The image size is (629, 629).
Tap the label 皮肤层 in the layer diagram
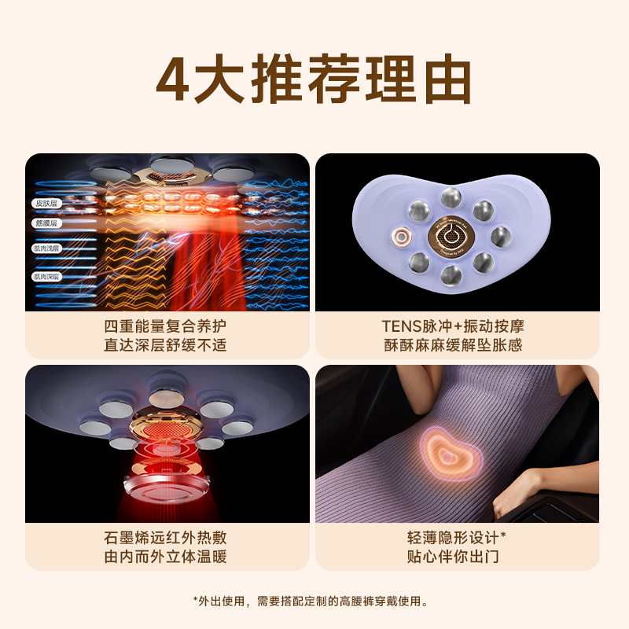[x=46, y=203]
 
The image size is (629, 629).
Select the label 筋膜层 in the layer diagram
[x=46, y=223]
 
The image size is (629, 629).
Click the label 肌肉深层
[x=46, y=276]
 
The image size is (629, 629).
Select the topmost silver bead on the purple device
[x=451, y=196]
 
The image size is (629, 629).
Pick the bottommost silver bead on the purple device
[x=451, y=274]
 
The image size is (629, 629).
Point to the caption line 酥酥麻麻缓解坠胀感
[x=458, y=344]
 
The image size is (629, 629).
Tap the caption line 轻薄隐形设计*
[x=458, y=538]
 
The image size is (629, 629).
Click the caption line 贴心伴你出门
[x=458, y=557]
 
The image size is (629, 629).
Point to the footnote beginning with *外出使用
[x=314, y=601]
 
